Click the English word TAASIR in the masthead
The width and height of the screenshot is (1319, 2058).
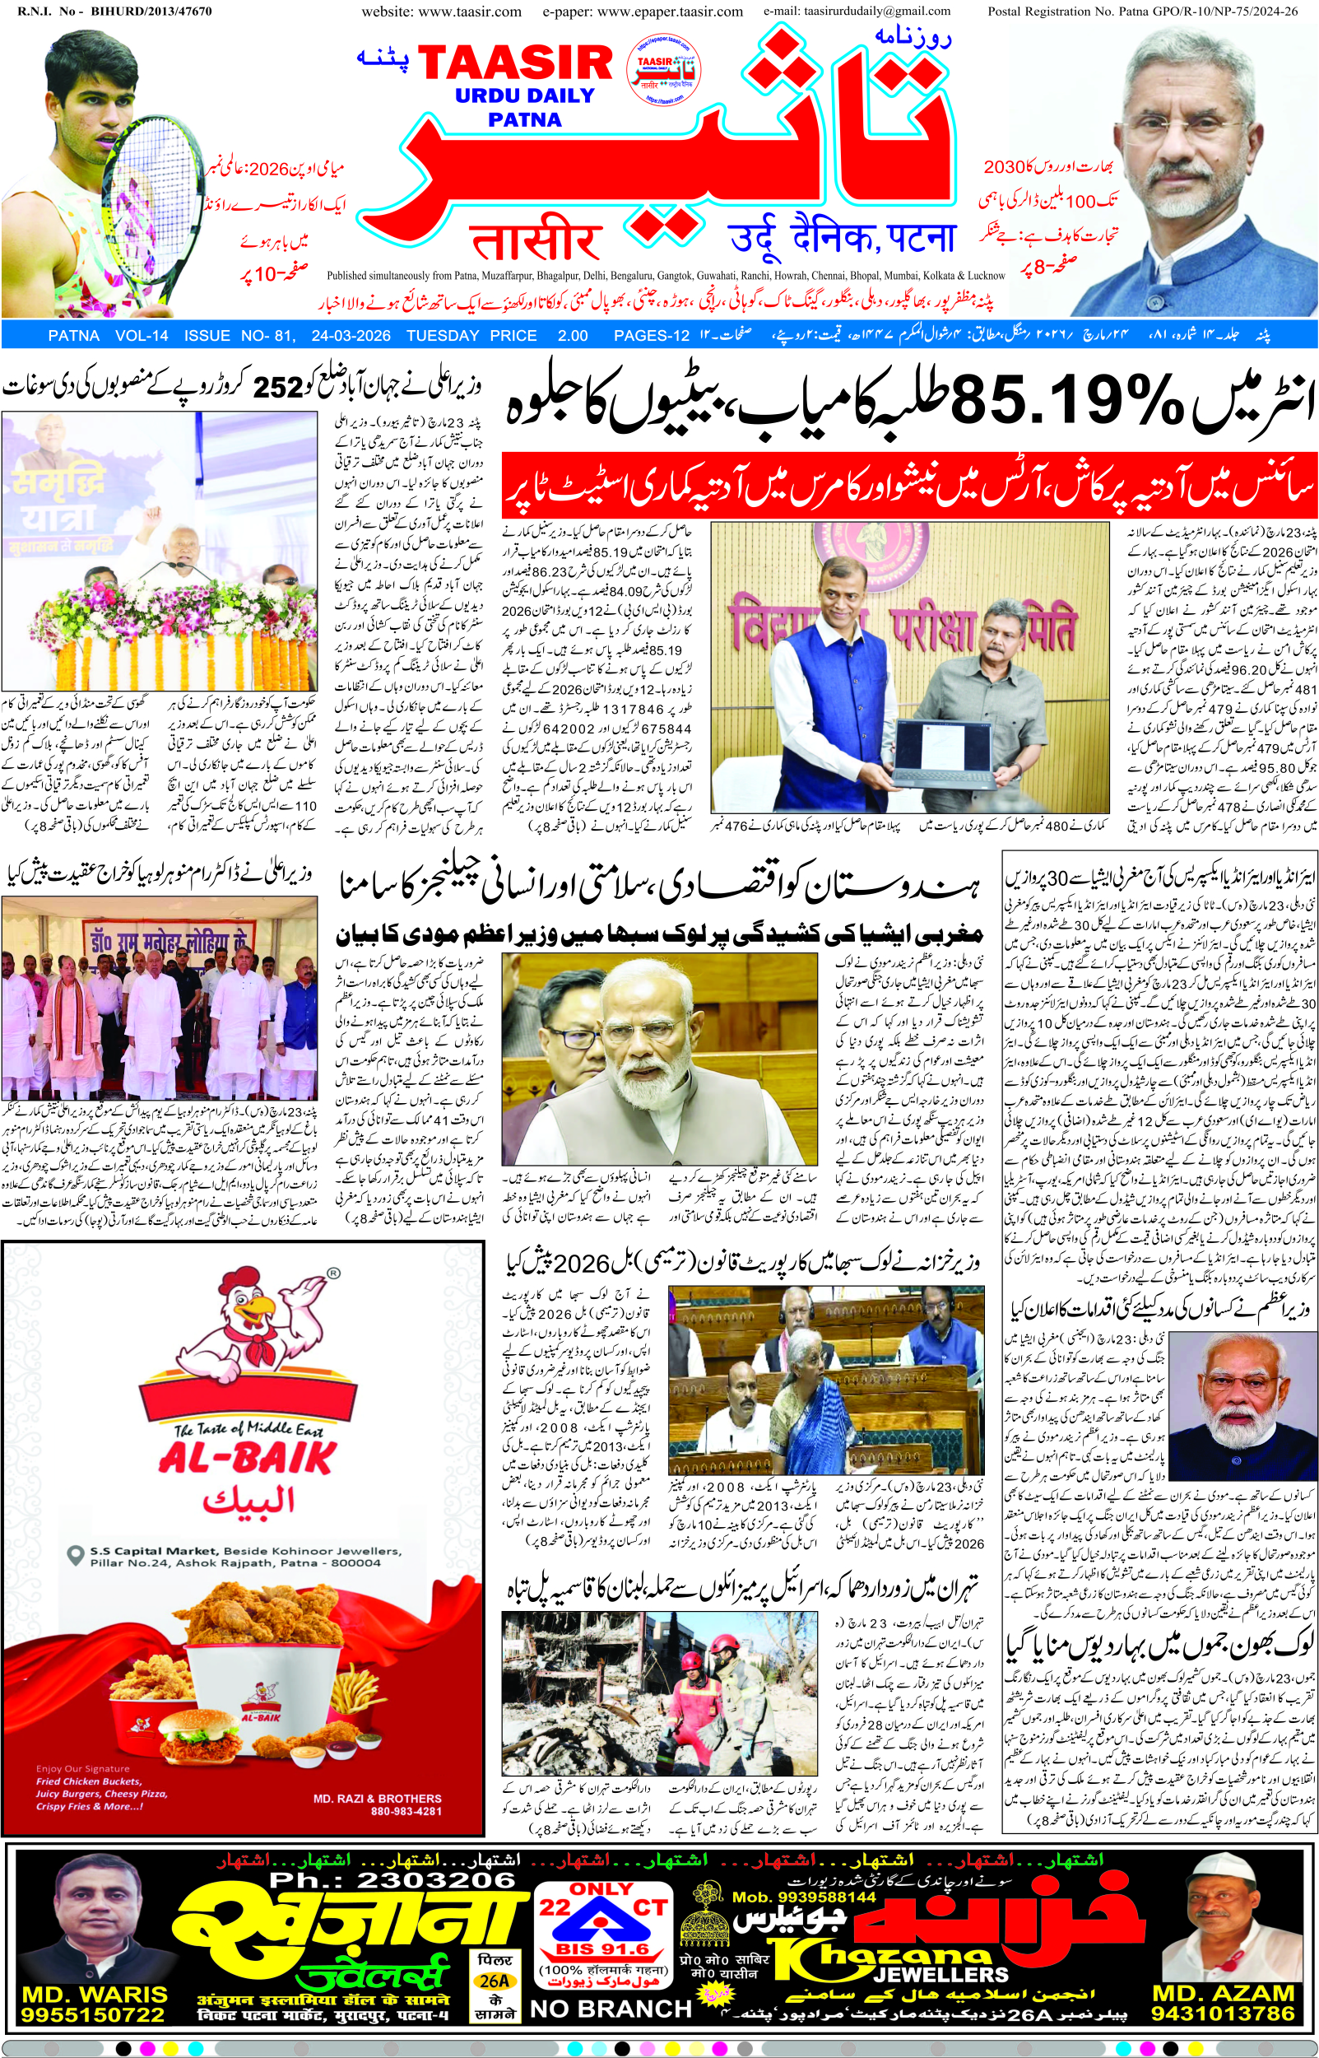pos(515,64)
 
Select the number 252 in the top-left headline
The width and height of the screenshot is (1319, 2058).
pos(278,387)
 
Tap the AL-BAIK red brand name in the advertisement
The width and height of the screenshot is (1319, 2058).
pos(247,1456)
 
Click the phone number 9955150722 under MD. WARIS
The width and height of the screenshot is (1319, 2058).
pos(93,2014)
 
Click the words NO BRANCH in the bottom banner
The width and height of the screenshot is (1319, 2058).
pos(611,2009)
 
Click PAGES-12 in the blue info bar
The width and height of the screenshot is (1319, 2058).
pos(651,336)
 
